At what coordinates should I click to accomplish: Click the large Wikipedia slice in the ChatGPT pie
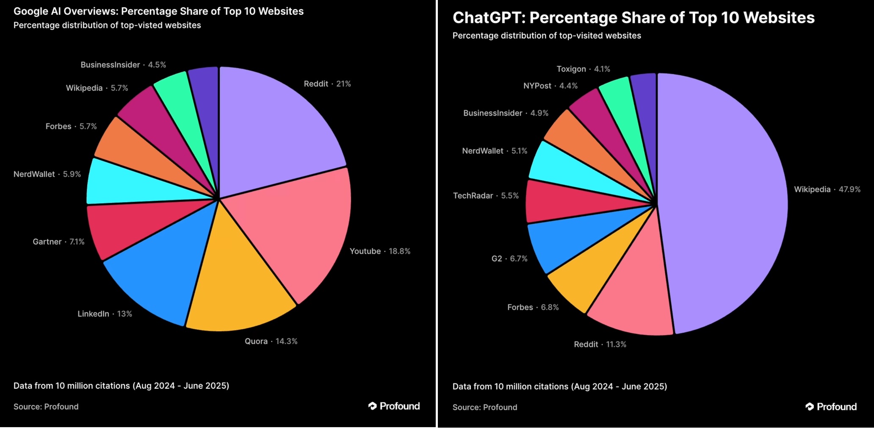[x=724, y=203]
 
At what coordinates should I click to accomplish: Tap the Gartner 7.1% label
[x=58, y=242]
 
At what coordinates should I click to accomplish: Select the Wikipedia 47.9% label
[x=827, y=189]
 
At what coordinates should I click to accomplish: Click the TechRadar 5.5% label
[x=486, y=196]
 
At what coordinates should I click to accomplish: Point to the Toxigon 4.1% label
[x=583, y=69]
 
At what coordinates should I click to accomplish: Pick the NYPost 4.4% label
[x=550, y=86]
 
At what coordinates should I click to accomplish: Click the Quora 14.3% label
[x=271, y=341]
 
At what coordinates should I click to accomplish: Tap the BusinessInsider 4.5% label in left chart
[x=123, y=65]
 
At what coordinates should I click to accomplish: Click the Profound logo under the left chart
[x=394, y=406]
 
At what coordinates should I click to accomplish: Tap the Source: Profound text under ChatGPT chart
[x=485, y=407]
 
